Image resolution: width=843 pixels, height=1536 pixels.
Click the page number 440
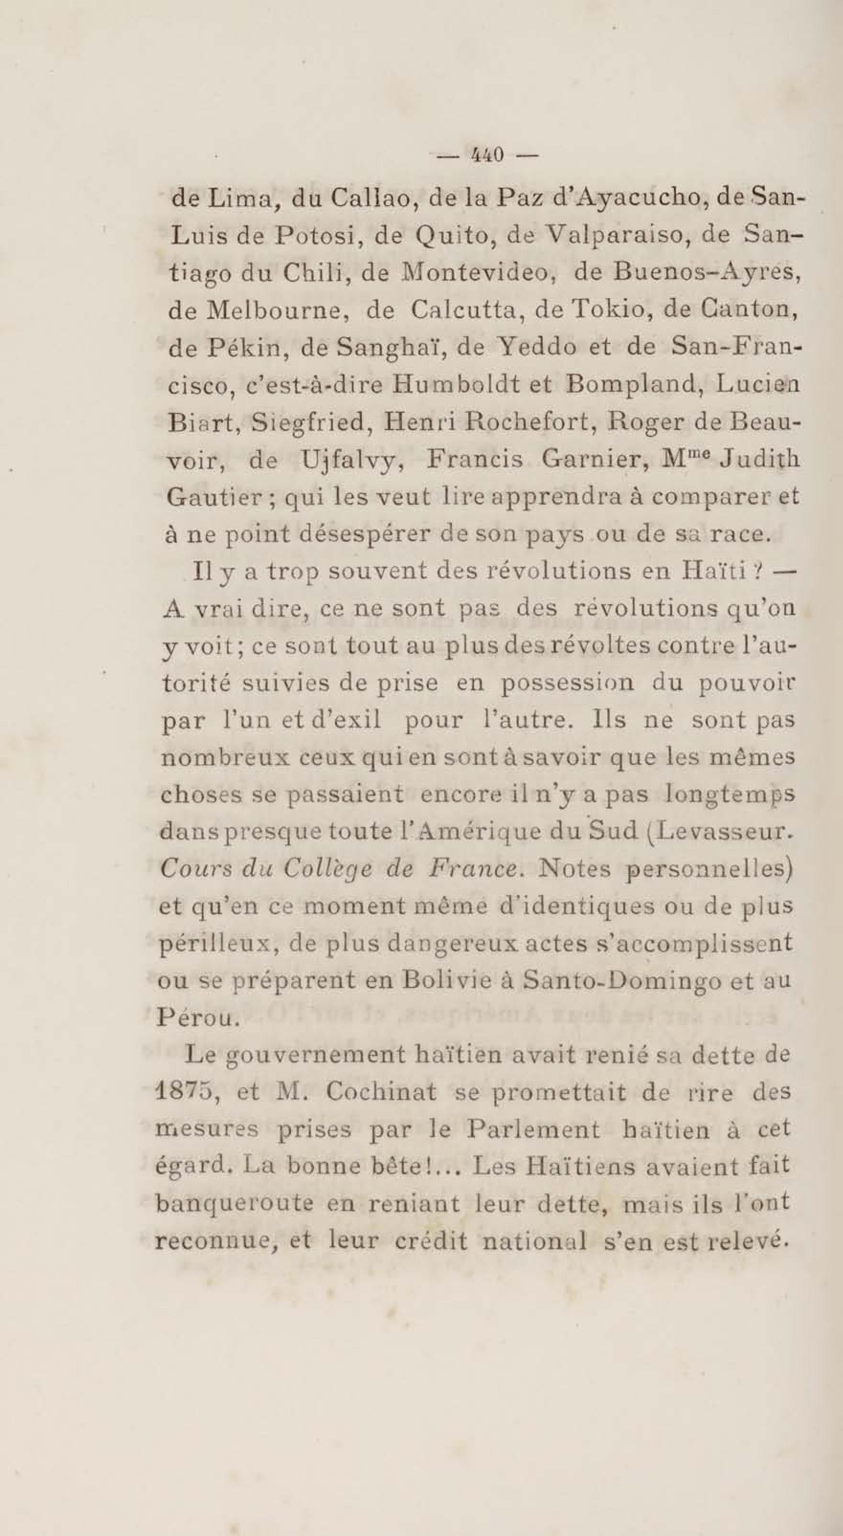point(487,155)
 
